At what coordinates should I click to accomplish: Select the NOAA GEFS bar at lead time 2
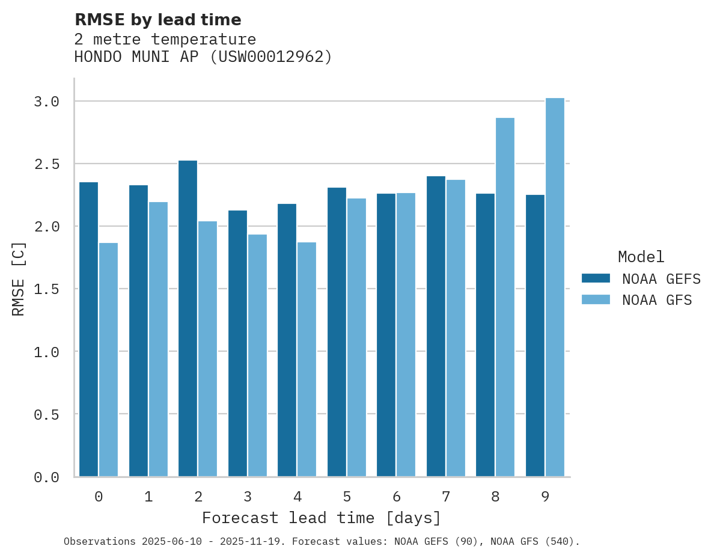[188, 318]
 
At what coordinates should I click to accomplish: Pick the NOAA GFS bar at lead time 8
[505, 297]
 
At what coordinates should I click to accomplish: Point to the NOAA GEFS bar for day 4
[287, 340]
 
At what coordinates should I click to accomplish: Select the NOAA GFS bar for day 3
[257, 355]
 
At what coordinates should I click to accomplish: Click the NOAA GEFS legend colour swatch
[596, 278]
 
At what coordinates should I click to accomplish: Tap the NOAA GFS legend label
[657, 300]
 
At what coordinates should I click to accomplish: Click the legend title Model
[641, 257]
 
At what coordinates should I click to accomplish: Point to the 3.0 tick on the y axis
[46, 102]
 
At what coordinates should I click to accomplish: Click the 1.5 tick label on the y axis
[46, 289]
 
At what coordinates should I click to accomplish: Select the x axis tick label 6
[397, 497]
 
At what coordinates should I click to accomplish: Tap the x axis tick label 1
[148, 497]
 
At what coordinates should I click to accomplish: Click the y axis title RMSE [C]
[19, 278]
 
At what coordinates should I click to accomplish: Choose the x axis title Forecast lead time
[322, 518]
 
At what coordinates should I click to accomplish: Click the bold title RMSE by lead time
[157, 20]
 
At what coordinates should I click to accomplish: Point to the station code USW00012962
[270, 57]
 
